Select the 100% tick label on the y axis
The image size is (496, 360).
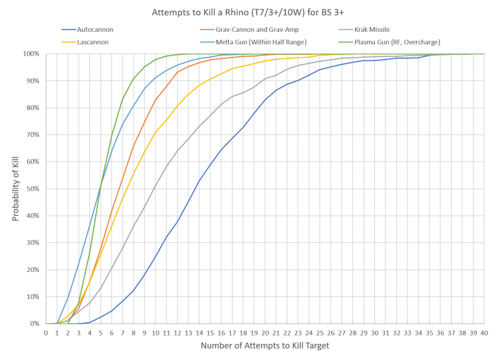(32, 54)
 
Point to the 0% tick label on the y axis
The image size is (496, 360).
(35, 324)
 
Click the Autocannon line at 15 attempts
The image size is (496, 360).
(210, 161)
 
